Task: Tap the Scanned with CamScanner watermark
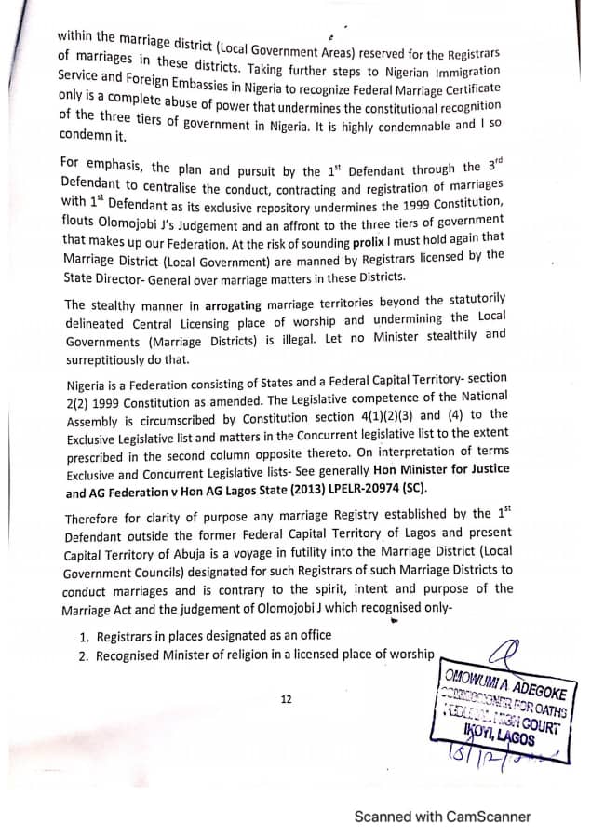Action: click(x=442, y=817)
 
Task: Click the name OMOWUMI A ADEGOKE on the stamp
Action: click(x=506, y=682)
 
